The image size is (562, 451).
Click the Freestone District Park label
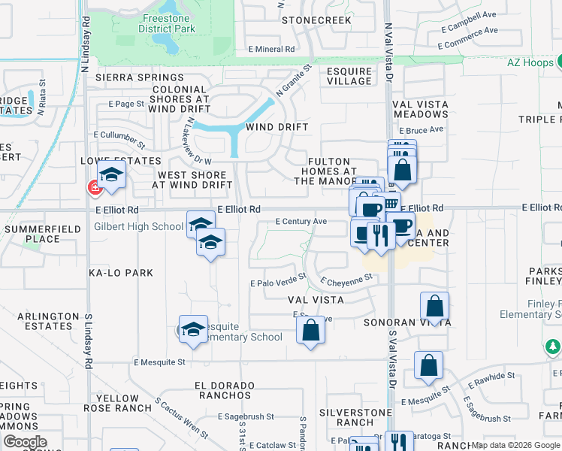click(166, 23)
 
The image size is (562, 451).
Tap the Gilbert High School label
click(138, 226)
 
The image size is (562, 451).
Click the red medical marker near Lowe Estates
click(95, 187)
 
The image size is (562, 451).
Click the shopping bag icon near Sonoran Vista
click(435, 307)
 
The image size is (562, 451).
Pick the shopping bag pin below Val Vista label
click(310, 329)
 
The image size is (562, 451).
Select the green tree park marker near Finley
click(553, 346)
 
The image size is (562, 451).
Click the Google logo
click(25, 441)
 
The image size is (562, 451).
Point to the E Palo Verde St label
click(279, 283)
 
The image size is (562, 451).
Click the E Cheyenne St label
click(346, 279)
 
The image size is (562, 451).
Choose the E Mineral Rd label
click(271, 50)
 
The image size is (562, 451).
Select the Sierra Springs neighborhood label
click(132, 77)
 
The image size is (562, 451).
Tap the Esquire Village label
click(349, 77)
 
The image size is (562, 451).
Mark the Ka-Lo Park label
click(120, 273)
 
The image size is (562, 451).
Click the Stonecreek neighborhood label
click(316, 20)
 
